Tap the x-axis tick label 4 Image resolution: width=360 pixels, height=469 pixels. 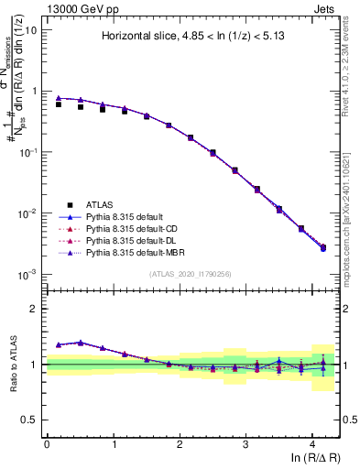[312, 444]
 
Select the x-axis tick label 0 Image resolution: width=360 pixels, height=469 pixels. [47, 444]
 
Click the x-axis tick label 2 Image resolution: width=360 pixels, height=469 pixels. [180, 444]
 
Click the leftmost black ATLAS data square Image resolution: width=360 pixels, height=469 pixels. [59, 104]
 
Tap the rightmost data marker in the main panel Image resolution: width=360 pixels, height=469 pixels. [322, 248]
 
